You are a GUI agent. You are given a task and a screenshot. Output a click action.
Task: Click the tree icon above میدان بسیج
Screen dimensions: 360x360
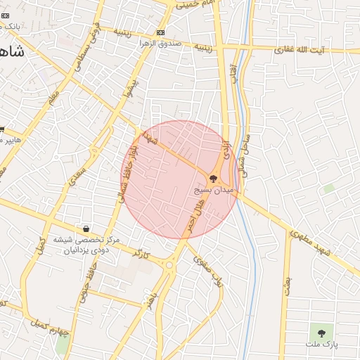point(213,179)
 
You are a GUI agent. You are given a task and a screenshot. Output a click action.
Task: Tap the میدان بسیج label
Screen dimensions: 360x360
point(213,190)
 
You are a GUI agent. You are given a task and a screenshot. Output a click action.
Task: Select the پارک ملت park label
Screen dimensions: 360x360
point(321,345)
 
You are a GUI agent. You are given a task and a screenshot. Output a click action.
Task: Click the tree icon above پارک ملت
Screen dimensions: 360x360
point(321,333)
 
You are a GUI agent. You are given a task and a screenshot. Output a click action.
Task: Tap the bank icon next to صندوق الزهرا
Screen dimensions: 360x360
point(161,32)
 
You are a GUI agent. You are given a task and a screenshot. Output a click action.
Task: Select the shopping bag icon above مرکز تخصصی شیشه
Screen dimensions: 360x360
point(86,229)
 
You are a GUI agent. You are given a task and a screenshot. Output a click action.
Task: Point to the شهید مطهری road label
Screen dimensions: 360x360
point(313,241)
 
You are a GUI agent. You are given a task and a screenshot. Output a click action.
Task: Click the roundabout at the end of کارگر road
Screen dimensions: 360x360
point(169,265)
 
